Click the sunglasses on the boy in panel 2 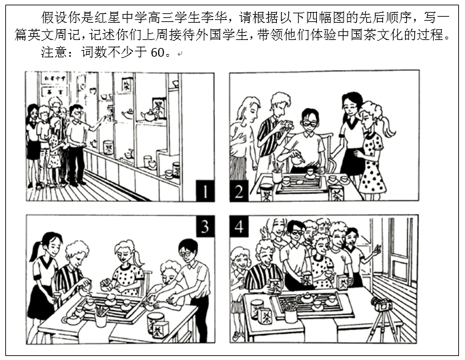[309, 123]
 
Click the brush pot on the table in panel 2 [277, 175]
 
